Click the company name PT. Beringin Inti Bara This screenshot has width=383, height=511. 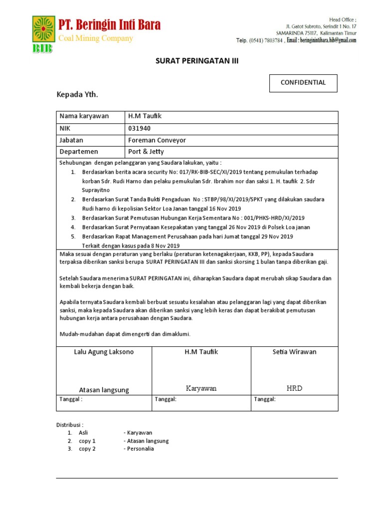110,25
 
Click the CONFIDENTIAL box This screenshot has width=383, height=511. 303,83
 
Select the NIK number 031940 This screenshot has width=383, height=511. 139,128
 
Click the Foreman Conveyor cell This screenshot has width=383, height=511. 157,140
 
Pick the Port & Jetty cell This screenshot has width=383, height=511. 146,152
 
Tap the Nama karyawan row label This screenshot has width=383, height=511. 84,116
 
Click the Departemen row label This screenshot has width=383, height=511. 79,152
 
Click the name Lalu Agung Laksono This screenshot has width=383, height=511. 104,352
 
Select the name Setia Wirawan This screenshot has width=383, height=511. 294,352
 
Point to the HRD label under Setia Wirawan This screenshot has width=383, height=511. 294,388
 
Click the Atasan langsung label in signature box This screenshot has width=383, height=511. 104,390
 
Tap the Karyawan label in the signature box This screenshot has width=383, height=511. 201,388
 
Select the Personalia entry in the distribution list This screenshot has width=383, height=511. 140,449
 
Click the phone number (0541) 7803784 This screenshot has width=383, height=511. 266,40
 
